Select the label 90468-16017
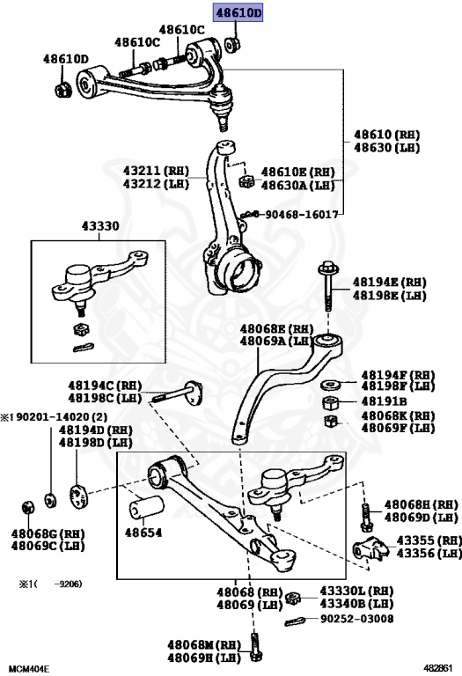pyautogui.click(x=301, y=214)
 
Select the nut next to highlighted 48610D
pyautogui.click(x=233, y=43)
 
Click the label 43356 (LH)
pyautogui.click(x=428, y=554)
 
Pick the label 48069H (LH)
pyautogui.click(x=205, y=657)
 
